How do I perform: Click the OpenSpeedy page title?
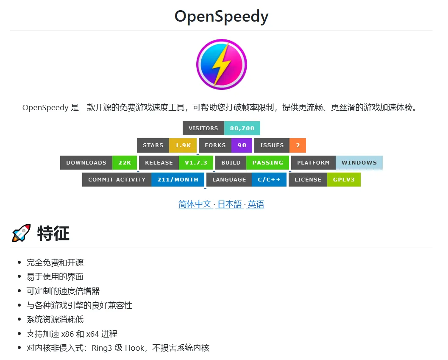[x=221, y=17]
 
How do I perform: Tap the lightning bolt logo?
[x=221, y=64]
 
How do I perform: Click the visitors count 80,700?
[x=242, y=128]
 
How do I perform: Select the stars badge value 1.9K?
[x=183, y=145]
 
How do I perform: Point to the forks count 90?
[x=242, y=145]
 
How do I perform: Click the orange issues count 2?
[x=298, y=145]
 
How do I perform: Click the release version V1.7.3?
[x=195, y=162]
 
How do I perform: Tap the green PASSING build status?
[x=267, y=162]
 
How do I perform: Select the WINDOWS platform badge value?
[x=359, y=162]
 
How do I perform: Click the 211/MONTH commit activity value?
[x=178, y=179]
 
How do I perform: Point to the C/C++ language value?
[x=269, y=179]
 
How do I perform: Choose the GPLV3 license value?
[x=344, y=179]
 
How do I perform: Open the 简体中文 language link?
[x=195, y=204]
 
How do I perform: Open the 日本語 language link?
[x=230, y=204]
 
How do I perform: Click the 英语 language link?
[x=256, y=204]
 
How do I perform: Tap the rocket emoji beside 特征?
[x=21, y=233]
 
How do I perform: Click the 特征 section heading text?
[x=53, y=233]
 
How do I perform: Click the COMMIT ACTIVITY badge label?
[x=117, y=179]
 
